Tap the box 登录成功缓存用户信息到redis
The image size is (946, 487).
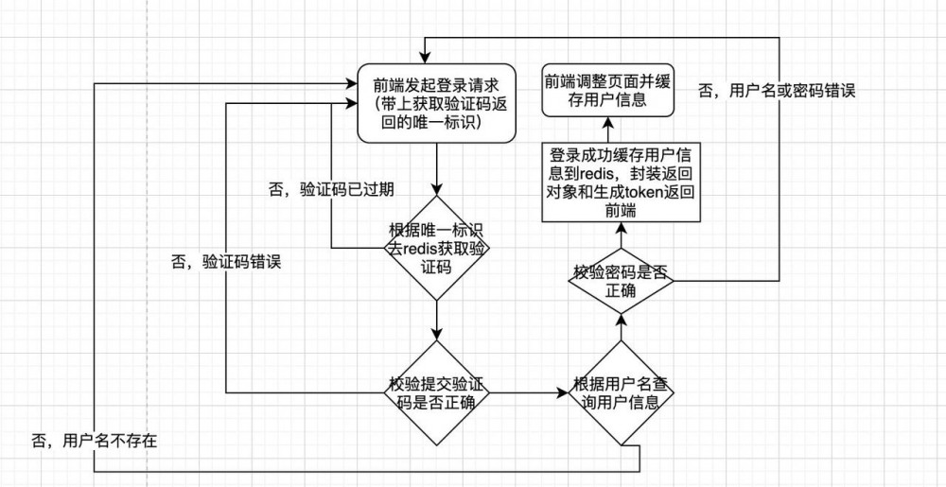(x=622, y=183)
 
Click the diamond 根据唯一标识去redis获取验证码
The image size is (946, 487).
(x=436, y=249)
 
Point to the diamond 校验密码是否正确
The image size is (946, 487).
(x=622, y=281)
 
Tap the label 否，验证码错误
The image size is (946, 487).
(x=226, y=262)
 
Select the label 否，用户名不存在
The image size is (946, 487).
(x=94, y=440)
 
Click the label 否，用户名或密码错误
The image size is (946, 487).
(x=776, y=91)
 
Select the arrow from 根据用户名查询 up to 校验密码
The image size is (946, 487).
(x=622, y=330)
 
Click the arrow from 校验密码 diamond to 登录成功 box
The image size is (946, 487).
(x=622, y=235)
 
